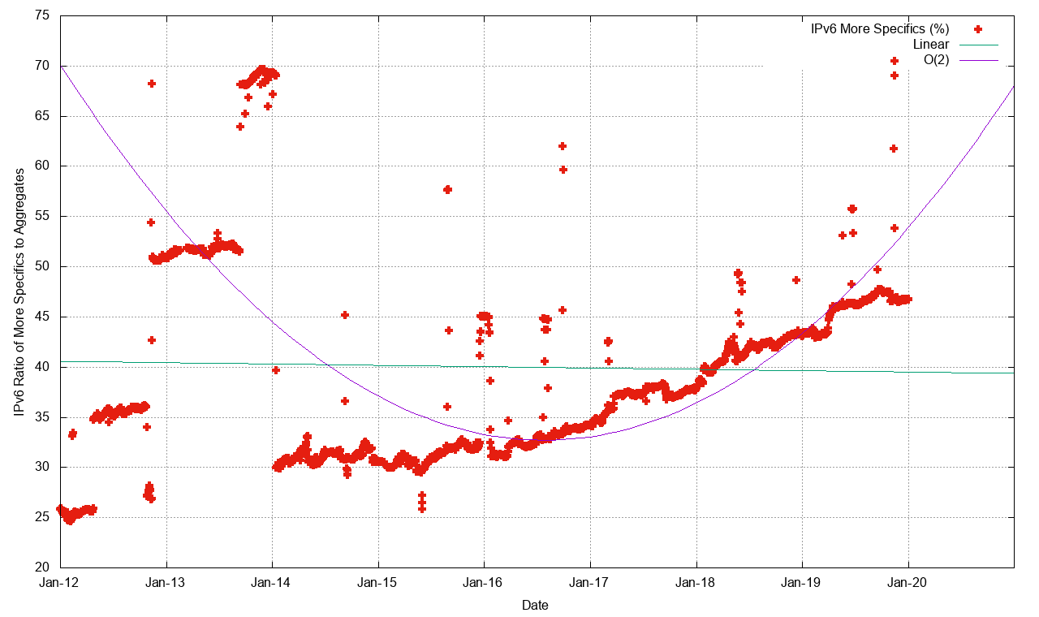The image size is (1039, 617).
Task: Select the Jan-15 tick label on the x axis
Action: tap(378, 582)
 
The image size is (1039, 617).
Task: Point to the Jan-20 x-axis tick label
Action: tap(908, 582)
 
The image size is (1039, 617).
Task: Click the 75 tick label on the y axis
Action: tap(41, 15)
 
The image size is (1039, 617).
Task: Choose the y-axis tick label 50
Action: tap(41, 266)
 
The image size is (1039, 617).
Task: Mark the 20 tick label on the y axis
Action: tap(41, 567)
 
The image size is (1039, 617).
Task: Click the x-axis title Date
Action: tap(534, 605)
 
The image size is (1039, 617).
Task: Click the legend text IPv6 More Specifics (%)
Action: tap(880, 29)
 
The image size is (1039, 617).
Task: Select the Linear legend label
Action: tap(931, 45)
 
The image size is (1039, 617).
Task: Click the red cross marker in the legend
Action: tap(978, 29)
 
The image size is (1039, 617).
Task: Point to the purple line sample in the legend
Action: tap(978, 60)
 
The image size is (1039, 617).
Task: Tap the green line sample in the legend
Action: tap(978, 45)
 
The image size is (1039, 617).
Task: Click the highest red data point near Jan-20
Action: tap(895, 61)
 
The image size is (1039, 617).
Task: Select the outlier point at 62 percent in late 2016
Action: tap(562, 146)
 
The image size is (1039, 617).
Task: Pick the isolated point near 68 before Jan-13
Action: tap(152, 84)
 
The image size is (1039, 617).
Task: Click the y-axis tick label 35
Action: tap(41, 417)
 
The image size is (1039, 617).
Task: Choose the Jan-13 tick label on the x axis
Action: tap(166, 582)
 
